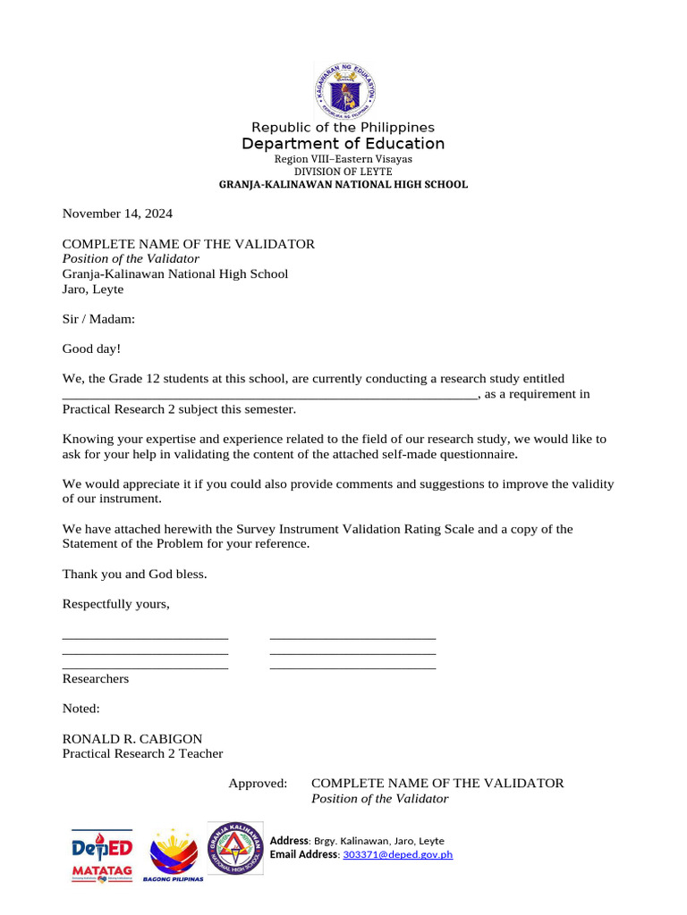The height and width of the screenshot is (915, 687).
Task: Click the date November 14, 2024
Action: point(117,214)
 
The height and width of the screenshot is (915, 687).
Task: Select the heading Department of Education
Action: point(343,144)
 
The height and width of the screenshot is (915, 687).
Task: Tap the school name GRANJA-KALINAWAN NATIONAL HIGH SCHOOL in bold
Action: point(343,184)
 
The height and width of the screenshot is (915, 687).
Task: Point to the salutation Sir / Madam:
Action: point(98,319)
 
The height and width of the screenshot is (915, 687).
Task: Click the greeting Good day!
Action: point(91,348)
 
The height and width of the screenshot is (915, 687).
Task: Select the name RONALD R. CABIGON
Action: point(132,739)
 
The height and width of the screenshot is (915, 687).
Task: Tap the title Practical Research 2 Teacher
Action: point(142,754)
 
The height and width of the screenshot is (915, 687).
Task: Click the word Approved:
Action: point(258,784)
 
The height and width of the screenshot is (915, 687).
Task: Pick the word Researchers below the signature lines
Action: point(96,679)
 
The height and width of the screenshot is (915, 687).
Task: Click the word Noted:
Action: point(81,709)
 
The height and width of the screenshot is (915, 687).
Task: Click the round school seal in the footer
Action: point(235,849)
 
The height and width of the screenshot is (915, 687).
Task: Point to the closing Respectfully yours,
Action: point(115,604)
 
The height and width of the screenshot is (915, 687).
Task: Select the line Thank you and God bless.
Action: point(134,574)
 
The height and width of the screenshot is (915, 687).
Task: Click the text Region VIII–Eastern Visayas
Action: point(343,159)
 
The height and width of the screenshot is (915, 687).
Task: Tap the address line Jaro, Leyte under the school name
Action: point(93,290)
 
